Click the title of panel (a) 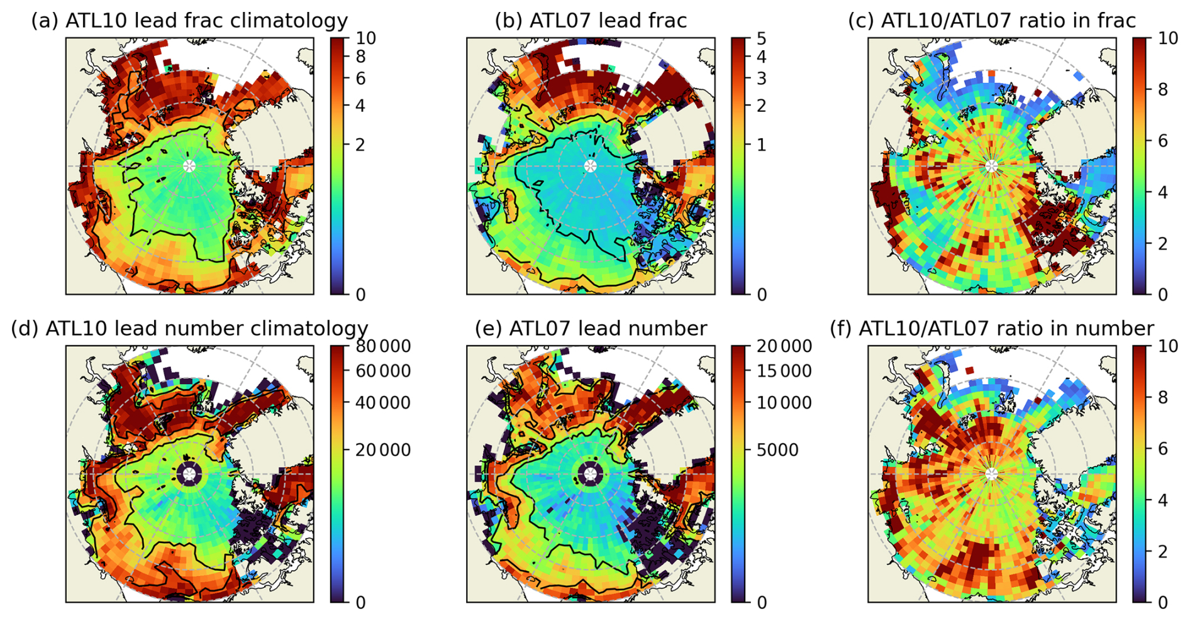click(189, 20)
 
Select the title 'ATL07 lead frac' click(591, 20)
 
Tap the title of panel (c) click(992, 20)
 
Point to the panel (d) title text click(189, 328)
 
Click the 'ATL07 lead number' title click(591, 328)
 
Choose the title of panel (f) click(992, 328)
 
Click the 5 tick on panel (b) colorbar click(762, 38)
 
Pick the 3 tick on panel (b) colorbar click(762, 79)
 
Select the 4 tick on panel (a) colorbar click(360, 105)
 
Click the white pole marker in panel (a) click(189, 166)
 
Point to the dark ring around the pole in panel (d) click(189, 464)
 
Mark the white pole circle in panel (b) click(590, 166)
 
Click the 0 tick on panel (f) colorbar click(1163, 603)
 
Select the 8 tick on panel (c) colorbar click(1163, 89)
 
